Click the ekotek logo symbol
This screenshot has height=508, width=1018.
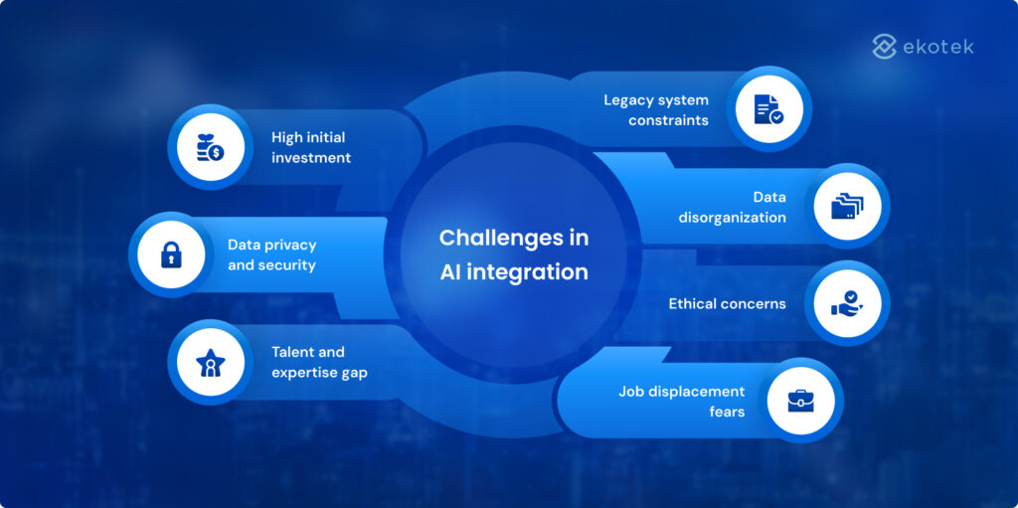[x=884, y=46]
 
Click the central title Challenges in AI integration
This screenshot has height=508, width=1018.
[x=514, y=254]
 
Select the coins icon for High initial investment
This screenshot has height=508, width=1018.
[x=210, y=146]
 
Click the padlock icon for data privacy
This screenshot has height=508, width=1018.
[x=172, y=254]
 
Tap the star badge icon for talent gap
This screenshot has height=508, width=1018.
[x=210, y=362]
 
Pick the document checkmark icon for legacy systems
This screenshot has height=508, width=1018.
[x=768, y=109]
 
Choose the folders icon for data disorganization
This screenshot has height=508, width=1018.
[x=846, y=206]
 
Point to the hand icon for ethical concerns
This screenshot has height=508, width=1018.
[x=846, y=303]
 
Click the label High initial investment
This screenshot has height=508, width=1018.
[x=311, y=147]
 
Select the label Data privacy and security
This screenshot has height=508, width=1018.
[x=271, y=254]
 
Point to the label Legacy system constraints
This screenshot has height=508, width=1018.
[x=655, y=109]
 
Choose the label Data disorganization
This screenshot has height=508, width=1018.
[x=732, y=207]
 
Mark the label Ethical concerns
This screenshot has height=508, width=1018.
[x=727, y=303]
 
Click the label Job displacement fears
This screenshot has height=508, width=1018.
[x=681, y=401]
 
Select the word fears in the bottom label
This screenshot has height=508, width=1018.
[x=727, y=412]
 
